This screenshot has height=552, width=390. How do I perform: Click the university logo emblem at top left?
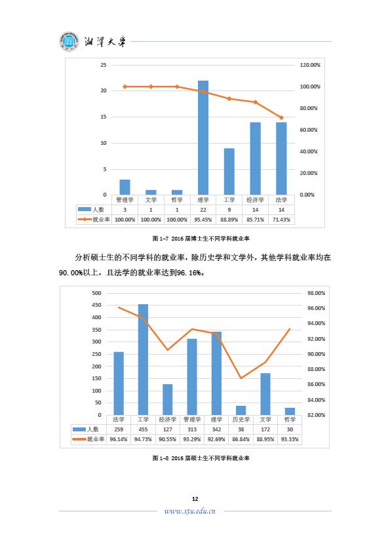tap(69, 41)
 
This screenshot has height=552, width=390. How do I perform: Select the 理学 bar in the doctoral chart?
tap(203, 138)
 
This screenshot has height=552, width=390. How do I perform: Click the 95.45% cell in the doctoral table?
tap(203, 220)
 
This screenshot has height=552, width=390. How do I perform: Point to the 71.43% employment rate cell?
tap(281, 220)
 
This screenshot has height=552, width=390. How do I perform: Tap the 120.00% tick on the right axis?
tap(310, 65)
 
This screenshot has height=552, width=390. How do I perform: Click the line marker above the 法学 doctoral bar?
tap(281, 117)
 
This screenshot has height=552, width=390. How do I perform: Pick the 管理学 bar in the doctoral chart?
tap(125, 187)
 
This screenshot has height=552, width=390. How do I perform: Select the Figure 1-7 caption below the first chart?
tap(201, 239)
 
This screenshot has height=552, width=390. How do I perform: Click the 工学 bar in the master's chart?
tap(143, 359)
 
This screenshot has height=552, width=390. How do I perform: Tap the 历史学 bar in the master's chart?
tap(241, 410)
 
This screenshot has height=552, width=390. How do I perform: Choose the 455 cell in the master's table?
tap(143, 429)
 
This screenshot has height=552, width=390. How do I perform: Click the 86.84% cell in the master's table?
tap(241, 439)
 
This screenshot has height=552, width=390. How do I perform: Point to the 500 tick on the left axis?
tap(96, 293)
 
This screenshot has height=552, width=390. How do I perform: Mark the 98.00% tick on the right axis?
tap(317, 293)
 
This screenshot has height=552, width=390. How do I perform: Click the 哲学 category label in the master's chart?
tap(290, 420)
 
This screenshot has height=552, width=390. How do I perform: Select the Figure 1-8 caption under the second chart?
tap(201, 458)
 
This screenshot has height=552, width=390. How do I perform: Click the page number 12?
tap(195, 499)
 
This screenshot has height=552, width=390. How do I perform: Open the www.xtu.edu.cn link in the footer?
tap(189, 511)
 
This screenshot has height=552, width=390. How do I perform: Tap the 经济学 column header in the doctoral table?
tap(255, 200)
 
